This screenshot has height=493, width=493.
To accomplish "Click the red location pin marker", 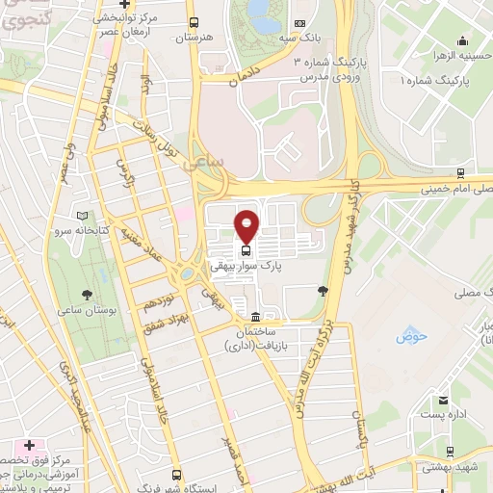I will [247, 225].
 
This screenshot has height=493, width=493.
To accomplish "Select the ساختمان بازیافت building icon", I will [254, 318].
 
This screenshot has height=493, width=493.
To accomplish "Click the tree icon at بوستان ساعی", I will [88, 296].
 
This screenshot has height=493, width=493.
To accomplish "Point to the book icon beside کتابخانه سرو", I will [81, 216].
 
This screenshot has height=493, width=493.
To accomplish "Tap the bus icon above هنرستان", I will [194, 22].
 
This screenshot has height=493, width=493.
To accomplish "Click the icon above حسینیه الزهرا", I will [464, 40].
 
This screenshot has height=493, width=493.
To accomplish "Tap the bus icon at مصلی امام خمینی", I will [461, 173].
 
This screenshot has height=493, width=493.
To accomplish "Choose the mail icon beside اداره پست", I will [442, 401].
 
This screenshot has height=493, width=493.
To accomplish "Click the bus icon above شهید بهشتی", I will [450, 451].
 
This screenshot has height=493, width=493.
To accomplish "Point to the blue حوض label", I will [408, 339].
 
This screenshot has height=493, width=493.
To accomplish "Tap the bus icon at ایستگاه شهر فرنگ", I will [176, 475].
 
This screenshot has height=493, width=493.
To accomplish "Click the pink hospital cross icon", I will [29, 447].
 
